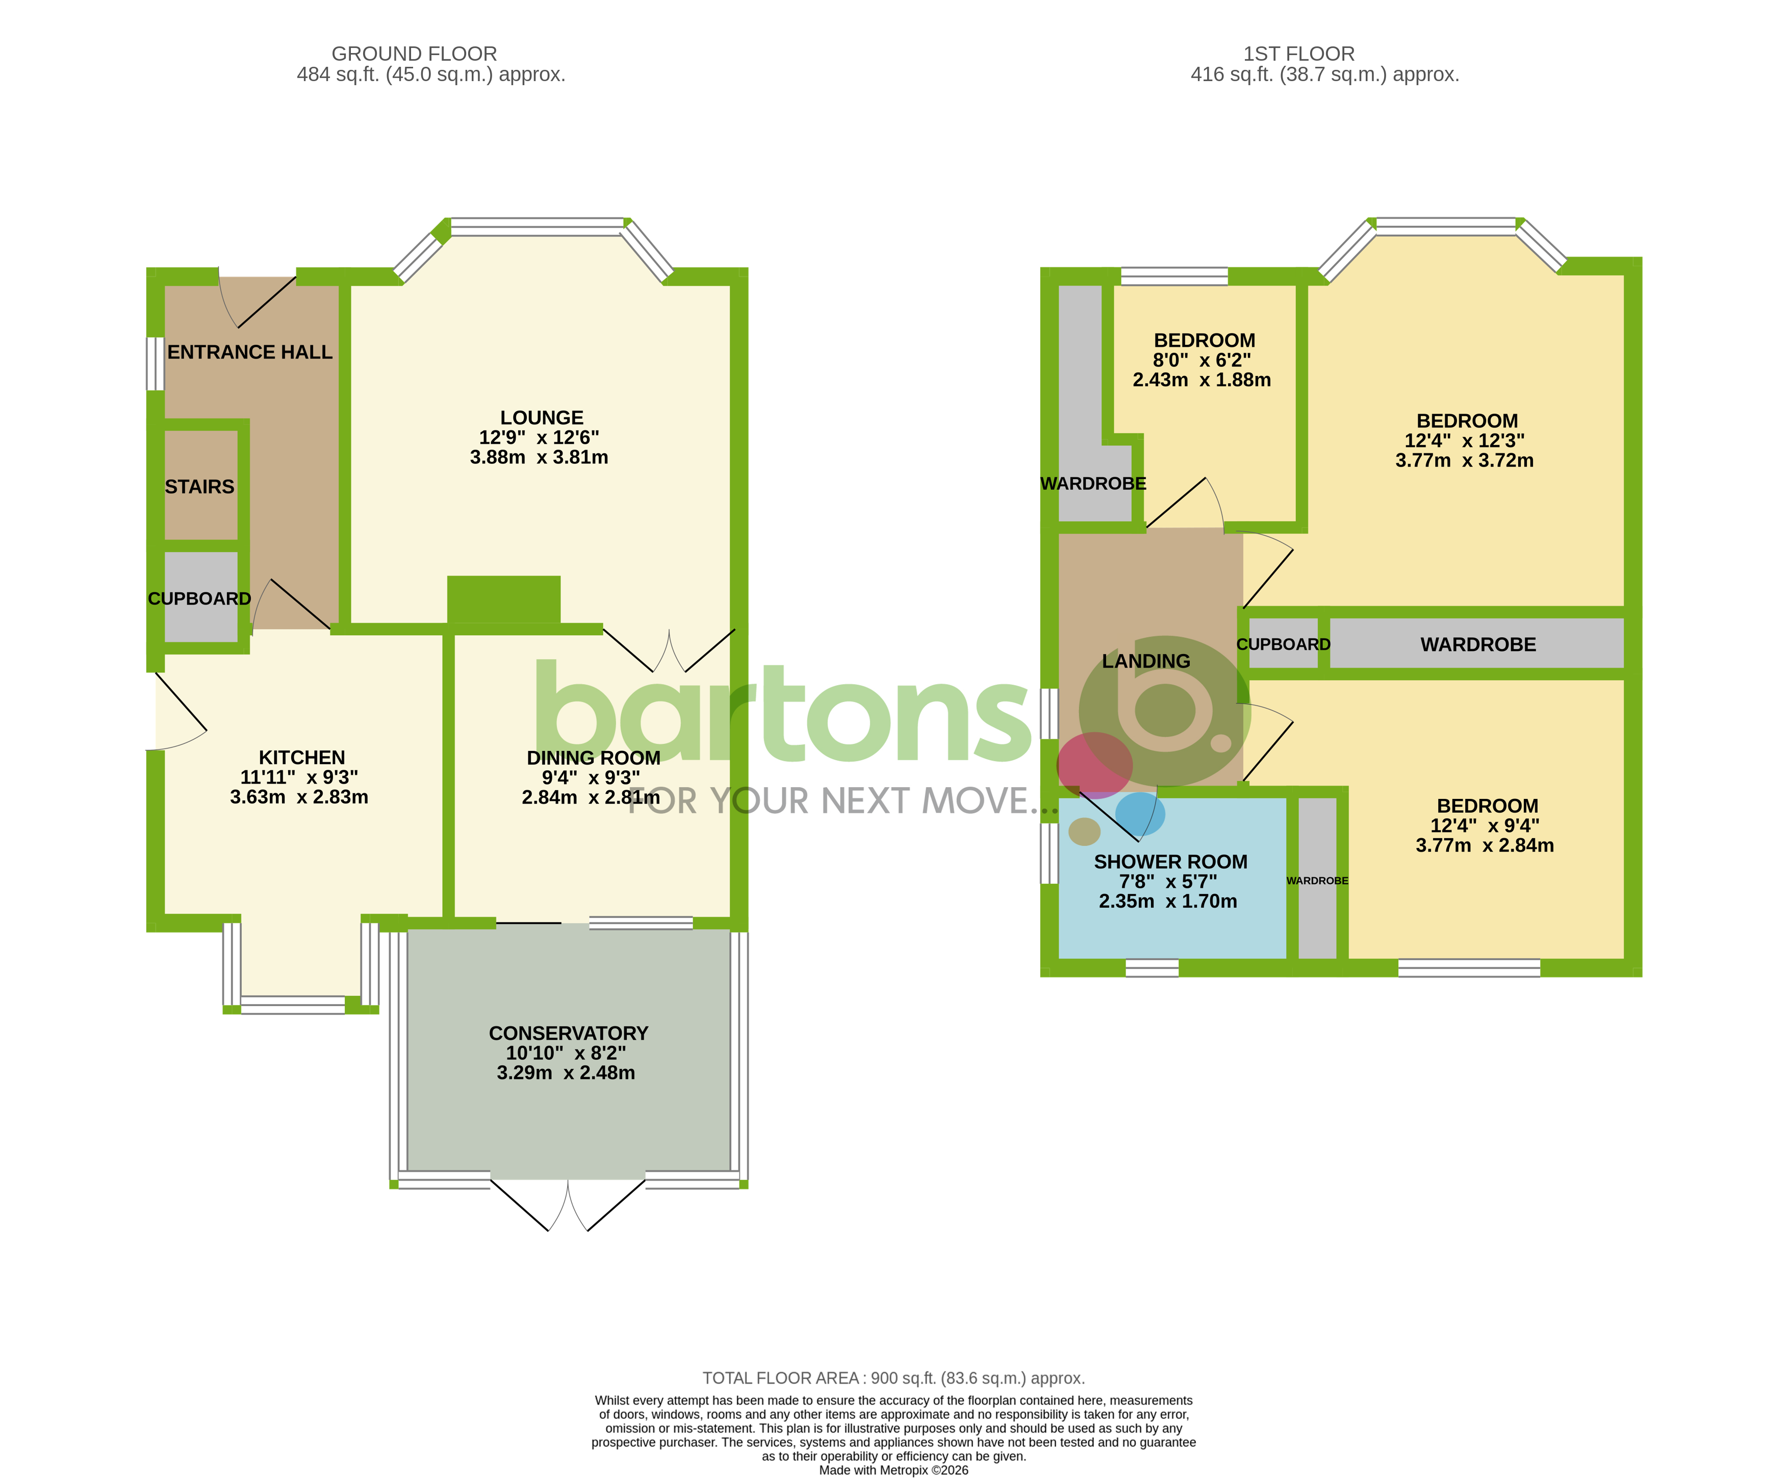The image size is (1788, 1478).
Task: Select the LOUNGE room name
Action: pyautogui.click(x=541, y=417)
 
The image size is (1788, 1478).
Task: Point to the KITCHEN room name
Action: pyautogui.click(x=301, y=757)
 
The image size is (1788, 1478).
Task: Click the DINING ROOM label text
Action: pyautogui.click(x=593, y=758)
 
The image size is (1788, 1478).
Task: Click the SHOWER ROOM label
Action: pyautogui.click(x=1170, y=862)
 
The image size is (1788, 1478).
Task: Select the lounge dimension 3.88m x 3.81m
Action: pyautogui.click(x=539, y=457)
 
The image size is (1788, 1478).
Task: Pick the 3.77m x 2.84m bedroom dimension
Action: pyautogui.click(x=1484, y=845)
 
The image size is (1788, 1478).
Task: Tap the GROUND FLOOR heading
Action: pyautogui.click(x=414, y=54)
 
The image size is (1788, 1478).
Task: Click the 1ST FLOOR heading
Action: pyautogui.click(x=1298, y=54)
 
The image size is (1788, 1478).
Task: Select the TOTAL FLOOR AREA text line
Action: pyautogui.click(x=892, y=1379)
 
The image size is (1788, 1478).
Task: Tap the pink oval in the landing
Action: pyautogui.click(x=1094, y=764)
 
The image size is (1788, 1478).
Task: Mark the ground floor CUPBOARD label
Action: pyautogui.click(x=199, y=598)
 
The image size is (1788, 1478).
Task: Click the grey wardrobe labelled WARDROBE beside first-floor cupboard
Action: pyautogui.click(x=1477, y=644)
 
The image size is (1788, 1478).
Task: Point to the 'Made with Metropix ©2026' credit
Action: pyautogui.click(x=892, y=1470)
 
